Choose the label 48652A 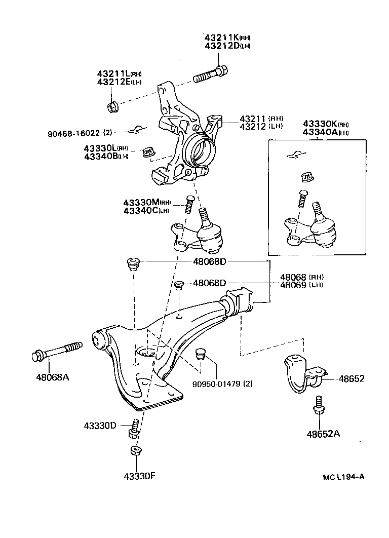tap(323, 433)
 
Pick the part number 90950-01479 tap(219, 383)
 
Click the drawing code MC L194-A tap(343, 477)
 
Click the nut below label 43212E tap(113, 106)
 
